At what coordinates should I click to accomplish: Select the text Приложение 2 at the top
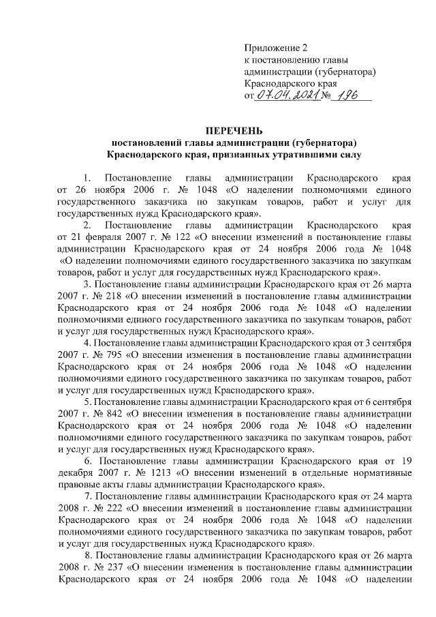pos(276,48)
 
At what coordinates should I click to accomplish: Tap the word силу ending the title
pos(349,155)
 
